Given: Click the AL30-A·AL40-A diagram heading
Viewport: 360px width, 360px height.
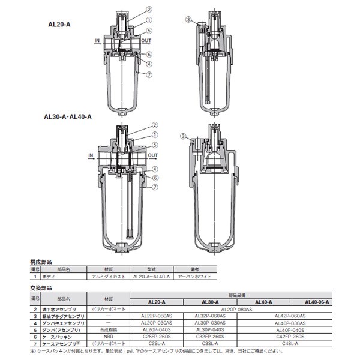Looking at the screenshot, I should coord(68,118).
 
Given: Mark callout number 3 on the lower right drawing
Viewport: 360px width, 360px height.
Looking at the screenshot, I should coord(182,136).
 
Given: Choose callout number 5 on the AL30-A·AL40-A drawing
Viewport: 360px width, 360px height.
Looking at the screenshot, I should coord(154,145).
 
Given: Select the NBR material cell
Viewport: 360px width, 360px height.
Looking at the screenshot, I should coord(109,337).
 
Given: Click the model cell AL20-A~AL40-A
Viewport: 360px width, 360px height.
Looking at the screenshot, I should coord(152,277).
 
